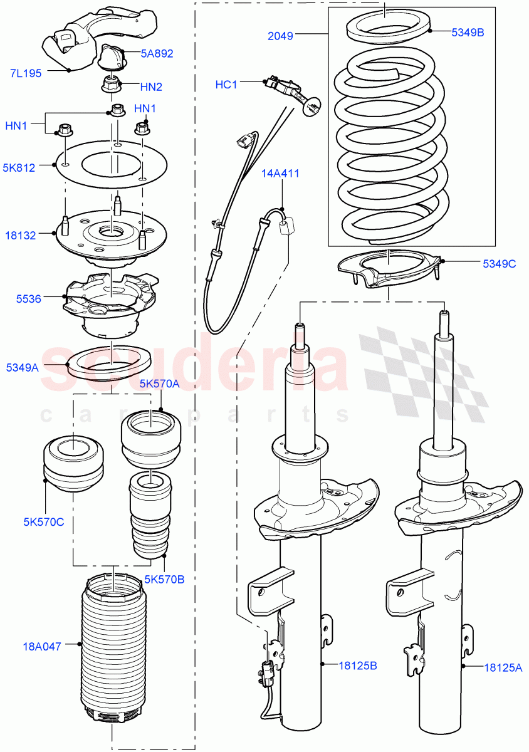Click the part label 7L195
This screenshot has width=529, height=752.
[25, 73]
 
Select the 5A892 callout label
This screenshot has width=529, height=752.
[157, 54]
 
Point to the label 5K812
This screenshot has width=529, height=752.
[19, 167]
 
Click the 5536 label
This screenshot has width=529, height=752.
[29, 299]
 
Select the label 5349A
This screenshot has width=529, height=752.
[23, 368]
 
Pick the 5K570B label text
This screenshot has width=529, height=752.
[164, 579]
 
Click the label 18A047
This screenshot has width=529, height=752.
[41, 646]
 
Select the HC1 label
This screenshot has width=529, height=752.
[226, 85]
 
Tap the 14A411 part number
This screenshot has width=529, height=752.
[281, 174]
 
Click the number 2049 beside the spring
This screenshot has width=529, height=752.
[280, 36]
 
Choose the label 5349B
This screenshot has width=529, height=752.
[468, 32]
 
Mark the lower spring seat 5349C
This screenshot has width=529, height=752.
[389, 268]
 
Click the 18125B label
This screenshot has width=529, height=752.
[358, 666]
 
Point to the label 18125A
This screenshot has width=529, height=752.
[503, 668]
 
